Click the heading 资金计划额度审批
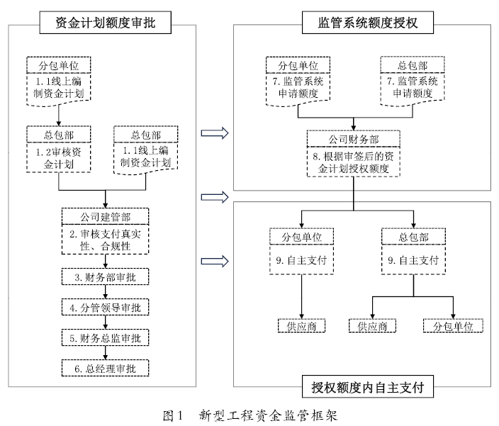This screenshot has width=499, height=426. [104, 23]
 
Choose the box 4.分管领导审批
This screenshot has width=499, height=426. [105, 308]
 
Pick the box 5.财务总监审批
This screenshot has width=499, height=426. [105, 338]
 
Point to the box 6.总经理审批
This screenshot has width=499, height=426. [105, 369]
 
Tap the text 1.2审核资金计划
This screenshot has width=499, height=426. [56, 158]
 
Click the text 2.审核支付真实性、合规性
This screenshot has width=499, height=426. [105, 240]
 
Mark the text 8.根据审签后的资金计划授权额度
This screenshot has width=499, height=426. [354, 162]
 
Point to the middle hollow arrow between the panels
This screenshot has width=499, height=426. [213, 196]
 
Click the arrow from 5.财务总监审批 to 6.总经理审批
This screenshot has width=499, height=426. [105, 354]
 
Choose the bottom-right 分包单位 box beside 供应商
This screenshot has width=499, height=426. [453, 326]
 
